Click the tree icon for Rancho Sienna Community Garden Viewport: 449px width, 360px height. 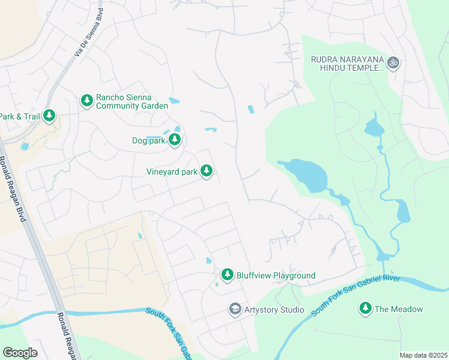[x=86, y=101]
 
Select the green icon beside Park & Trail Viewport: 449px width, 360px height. [x=49, y=116]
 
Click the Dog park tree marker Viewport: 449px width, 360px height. [x=175, y=140]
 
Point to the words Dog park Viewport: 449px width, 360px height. [x=148, y=141]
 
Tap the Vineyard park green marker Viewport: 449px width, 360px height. [x=206, y=172]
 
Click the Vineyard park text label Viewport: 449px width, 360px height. [x=172, y=172]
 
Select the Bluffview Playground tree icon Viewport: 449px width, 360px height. [x=227, y=275]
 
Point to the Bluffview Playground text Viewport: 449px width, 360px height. [x=276, y=275]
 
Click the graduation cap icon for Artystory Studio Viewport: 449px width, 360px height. [x=235, y=310]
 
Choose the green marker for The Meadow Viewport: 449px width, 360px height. [x=365, y=308]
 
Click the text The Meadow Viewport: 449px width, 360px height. [x=399, y=309]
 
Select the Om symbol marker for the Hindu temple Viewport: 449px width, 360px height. [x=393, y=62]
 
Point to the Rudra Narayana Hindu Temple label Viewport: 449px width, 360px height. [x=347, y=64]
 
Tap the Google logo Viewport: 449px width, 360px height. [x=20, y=353]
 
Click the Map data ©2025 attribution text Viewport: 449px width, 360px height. [x=423, y=355]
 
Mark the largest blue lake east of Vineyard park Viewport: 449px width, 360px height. [x=307, y=174]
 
